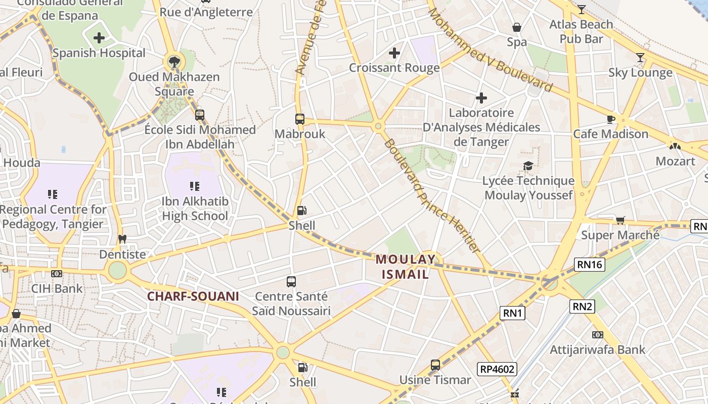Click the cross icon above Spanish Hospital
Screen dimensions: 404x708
pyautogui.click(x=99, y=37)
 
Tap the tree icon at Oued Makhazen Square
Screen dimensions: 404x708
pyautogui.click(x=174, y=62)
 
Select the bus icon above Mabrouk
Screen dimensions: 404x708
pyautogui.click(x=300, y=119)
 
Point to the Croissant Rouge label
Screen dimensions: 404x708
pyautogui.click(x=394, y=68)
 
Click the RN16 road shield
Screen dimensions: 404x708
pyautogui.click(x=590, y=264)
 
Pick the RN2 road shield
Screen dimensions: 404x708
pyautogui.click(x=582, y=306)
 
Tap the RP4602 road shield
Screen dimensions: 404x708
pyautogui.click(x=497, y=369)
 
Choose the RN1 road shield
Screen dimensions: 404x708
pyautogui.click(x=513, y=313)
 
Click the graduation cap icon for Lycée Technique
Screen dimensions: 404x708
pyautogui.click(x=528, y=166)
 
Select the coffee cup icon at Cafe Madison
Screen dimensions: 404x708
pyautogui.click(x=611, y=119)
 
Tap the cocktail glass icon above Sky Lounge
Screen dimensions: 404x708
pyautogui.click(x=640, y=58)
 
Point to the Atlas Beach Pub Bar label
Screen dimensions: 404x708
pyautogui.click(x=581, y=31)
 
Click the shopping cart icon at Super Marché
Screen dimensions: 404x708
pyautogui.click(x=621, y=220)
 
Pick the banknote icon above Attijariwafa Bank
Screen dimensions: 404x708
pyautogui.click(x=597, y=334)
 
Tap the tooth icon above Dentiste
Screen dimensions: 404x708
pyautogui.click(x=122, y=239)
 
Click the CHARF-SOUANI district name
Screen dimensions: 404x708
pyautogui.click(x=193, y=296)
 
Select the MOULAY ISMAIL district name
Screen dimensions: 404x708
pyautogui.click(x=405, y=267)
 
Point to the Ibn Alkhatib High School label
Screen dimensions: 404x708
pyautogui.click(x=195, y=209)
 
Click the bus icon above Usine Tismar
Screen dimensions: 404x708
pyautogui.click(x=435, y=365)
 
